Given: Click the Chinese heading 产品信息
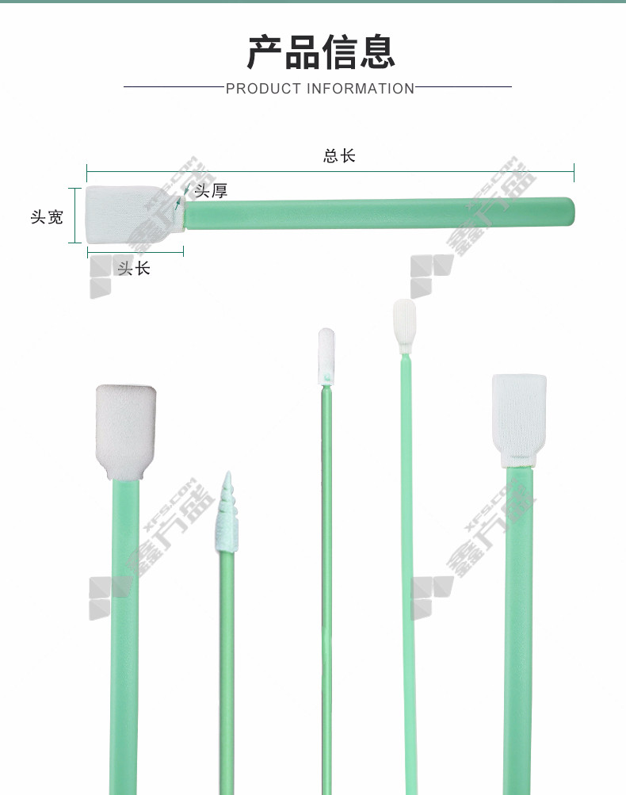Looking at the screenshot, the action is [x=320, y=52].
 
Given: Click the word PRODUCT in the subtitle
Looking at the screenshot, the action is [x=263, y=89].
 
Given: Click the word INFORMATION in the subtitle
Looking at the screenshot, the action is [x=361, y=89].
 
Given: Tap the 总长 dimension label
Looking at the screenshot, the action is [x=339, y=155].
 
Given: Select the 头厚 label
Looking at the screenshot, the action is [x=211, y=191].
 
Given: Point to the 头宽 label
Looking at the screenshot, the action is [x=47, y=217].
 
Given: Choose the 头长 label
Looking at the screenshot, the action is [x=134, y=268].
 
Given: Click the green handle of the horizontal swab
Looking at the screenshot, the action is [x=379, y=213].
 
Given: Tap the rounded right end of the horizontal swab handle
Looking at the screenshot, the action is [x=572, y=212].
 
